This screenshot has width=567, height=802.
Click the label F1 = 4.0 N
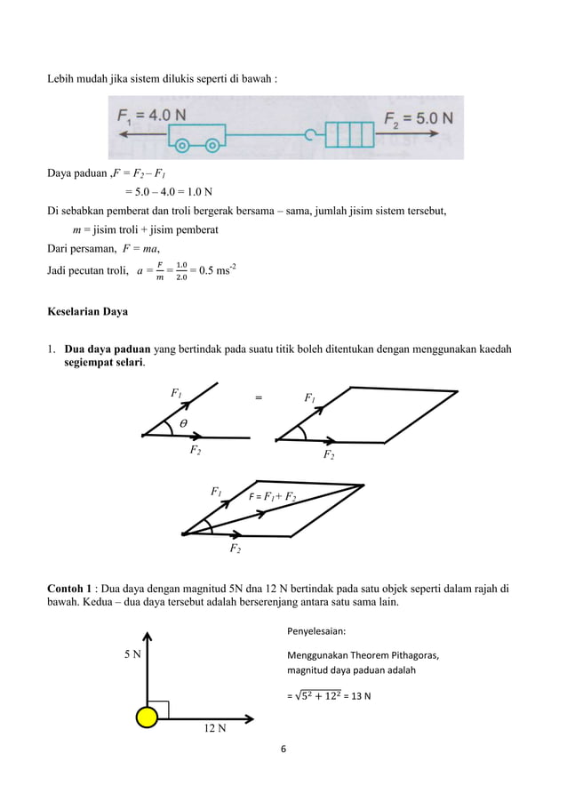tap(152, 116)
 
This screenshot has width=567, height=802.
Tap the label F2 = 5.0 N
tap(418, 117)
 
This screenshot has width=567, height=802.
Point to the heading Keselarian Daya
tap(89, 312)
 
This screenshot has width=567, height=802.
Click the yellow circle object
tap(147, 717)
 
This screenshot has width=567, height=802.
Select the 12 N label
tap(214, 730)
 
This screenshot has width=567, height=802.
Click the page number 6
tap(283, 749)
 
